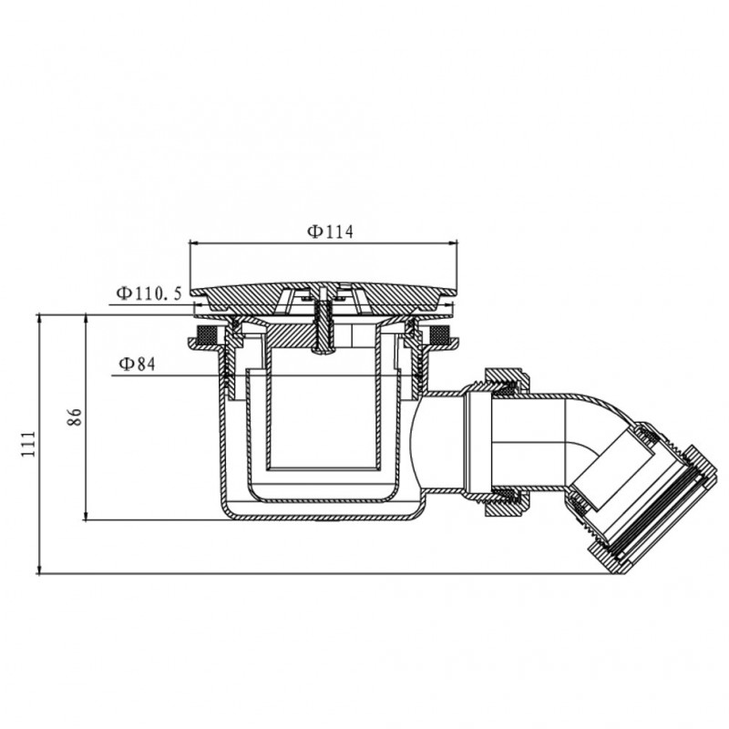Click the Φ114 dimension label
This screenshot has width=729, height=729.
click(330, 231)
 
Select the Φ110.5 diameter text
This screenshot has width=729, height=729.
click(149, 293)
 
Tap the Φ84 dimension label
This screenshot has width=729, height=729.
click(137, 364)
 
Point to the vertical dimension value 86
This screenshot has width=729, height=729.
click(75, 416)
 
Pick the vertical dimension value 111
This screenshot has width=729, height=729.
click(28, 444)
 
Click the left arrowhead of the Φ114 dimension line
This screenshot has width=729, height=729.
click(194, 242)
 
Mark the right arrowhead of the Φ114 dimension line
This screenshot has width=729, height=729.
click(452, 242)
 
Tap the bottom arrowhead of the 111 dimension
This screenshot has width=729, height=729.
click(39, 570)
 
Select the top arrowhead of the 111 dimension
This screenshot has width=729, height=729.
click(39, 320)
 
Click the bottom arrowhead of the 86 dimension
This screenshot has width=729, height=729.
click(86, 515)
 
